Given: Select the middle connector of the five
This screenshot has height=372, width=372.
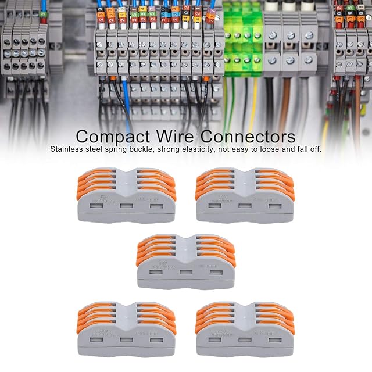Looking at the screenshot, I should [185, 262].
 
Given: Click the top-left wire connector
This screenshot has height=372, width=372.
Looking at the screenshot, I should [126, 195].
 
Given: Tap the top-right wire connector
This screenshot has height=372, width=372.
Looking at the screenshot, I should [245, 195].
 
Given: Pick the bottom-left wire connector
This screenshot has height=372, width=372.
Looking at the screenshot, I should [126, 328].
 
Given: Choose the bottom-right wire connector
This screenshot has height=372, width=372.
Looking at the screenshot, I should [245, 328].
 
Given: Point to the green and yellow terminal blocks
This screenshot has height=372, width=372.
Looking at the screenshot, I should [243, 41].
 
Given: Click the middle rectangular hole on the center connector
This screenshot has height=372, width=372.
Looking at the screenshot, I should [185, 272].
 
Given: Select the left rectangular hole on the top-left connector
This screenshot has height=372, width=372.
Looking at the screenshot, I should [96, 206].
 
